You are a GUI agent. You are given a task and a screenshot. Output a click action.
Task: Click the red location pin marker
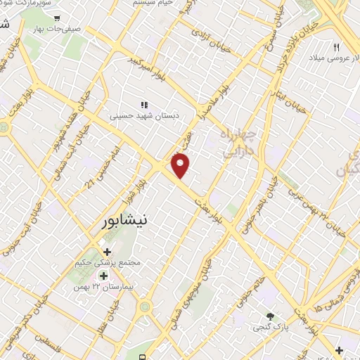click(181, 165)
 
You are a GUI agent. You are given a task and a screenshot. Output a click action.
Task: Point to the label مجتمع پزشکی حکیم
click(108, 262)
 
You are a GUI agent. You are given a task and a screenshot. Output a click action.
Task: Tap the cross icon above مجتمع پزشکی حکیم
click(108, 252)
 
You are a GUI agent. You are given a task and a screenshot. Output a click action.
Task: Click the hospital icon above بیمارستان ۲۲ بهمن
click(103, 276)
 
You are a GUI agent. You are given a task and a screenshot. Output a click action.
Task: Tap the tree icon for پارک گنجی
click(270, 316)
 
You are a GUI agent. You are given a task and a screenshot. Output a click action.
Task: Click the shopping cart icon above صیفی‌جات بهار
click(57, 18)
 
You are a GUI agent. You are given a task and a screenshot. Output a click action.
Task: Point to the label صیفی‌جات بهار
click(57, 30)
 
